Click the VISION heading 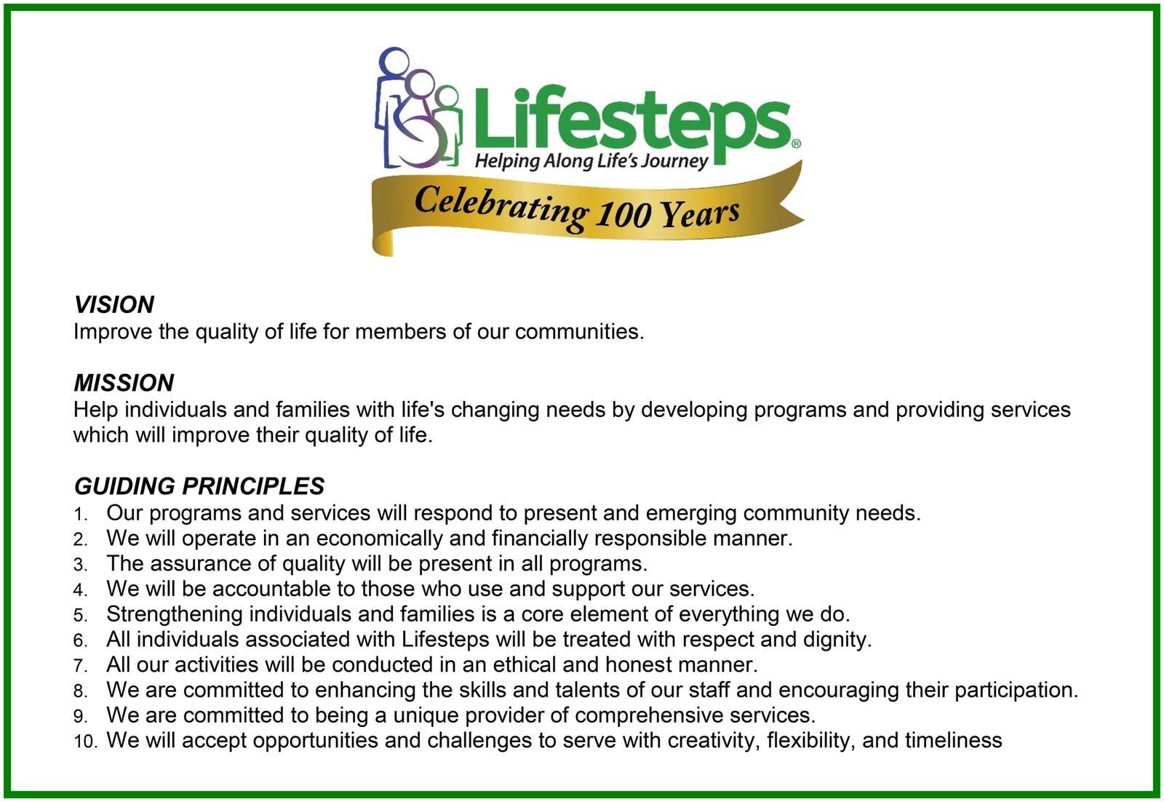click(x=113, y=305)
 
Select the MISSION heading click(x=124, y=383)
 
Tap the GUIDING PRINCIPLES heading click(x=199, y=486)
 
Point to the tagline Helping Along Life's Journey click(x=591, y=161)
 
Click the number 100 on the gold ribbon click(x=623, y=213)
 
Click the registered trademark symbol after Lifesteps click(x=796, y=144)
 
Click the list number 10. click(x=85, y=742)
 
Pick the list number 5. click(x=80, y=616)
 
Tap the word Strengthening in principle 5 click(x=175, y=615)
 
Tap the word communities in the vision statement click(x=579, y=332)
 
